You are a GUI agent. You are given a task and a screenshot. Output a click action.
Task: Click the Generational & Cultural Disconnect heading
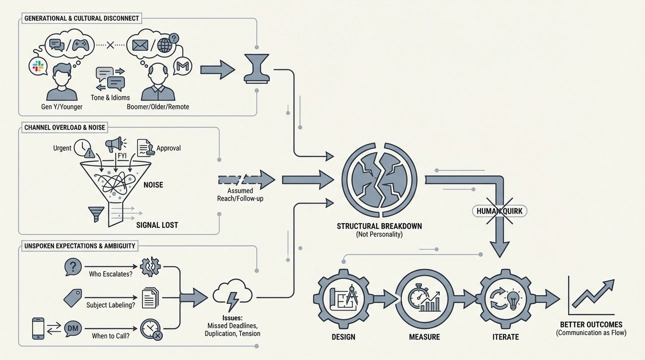pos(81,18)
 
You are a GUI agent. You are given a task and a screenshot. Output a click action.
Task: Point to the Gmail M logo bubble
pos(182,66)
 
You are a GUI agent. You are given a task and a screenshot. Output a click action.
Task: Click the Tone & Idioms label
pos(110,97)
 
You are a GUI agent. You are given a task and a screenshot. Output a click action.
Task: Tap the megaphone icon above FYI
pos(114,144)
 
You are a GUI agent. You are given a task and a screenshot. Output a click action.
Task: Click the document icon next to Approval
pos(145,147)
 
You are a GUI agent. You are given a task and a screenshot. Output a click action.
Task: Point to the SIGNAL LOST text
pos(157,225)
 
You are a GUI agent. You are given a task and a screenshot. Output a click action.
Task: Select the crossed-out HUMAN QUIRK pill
pos(498,211)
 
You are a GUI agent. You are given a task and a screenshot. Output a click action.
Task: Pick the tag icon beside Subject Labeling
pos(73,297)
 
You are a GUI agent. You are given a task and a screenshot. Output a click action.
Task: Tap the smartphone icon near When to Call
pos(38,328)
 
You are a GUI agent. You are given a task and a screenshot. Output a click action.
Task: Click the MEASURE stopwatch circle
pos(424,298)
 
